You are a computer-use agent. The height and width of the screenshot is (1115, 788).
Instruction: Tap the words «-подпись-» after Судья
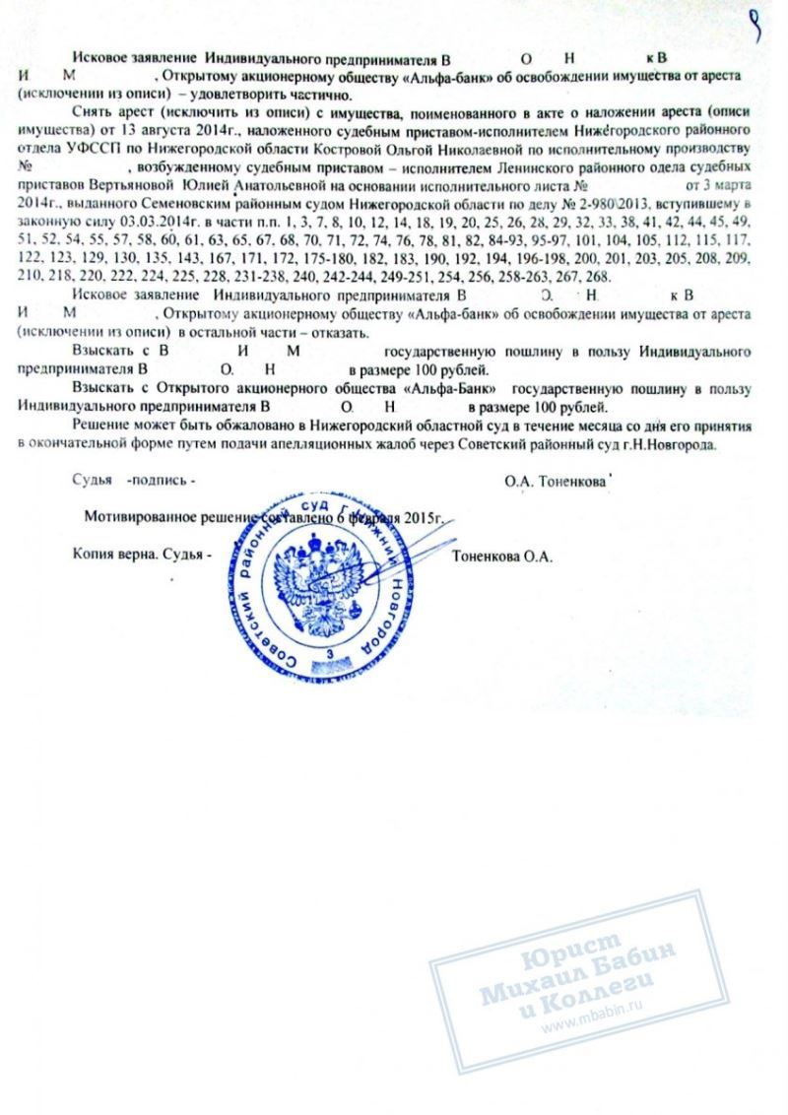[159, 480]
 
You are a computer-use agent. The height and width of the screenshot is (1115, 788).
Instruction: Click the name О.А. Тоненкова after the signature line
[555, 480]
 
